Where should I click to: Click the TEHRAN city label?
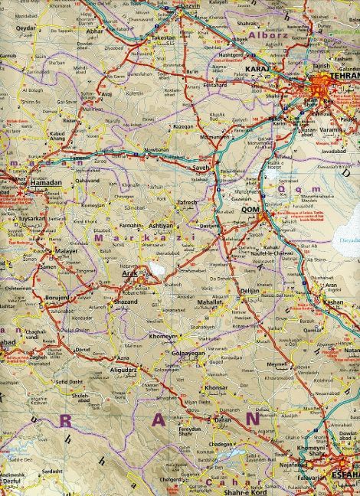click(342, 77)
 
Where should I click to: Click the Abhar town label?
click(117, 44)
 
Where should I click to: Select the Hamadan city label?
click(44, 184)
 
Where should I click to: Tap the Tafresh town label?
click(188, 203)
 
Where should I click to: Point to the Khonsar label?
click(216, 389)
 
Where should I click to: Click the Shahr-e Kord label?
click(252, 490)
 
